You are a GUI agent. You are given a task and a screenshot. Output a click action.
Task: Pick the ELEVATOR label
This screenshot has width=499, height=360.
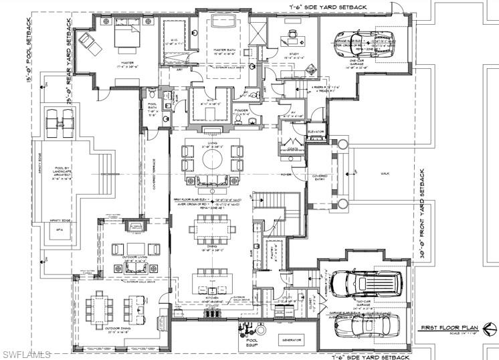(316, 132)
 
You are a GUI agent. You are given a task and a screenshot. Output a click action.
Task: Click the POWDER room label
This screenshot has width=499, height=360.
(241, 110)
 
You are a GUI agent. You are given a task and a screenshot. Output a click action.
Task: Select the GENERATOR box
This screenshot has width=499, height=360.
(291, 340)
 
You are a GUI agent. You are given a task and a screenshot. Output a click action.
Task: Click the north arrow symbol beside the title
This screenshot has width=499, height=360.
(489, 328)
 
